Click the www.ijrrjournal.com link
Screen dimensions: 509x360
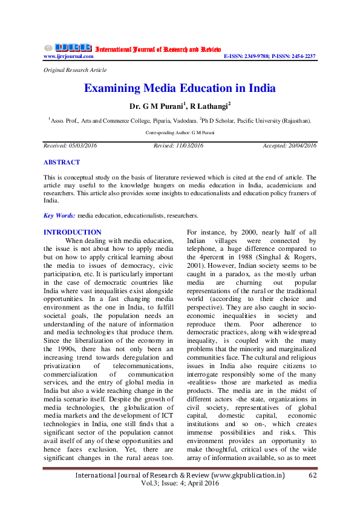(x=68, y=56)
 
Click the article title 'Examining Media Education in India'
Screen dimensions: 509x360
(x=180, y=88)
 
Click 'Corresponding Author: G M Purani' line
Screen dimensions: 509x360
(x=180, y=132)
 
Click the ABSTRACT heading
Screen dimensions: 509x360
(x=62, y=163)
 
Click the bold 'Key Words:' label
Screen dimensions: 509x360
(x=60, y=215)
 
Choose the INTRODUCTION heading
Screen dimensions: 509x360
(x=73, y=232)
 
